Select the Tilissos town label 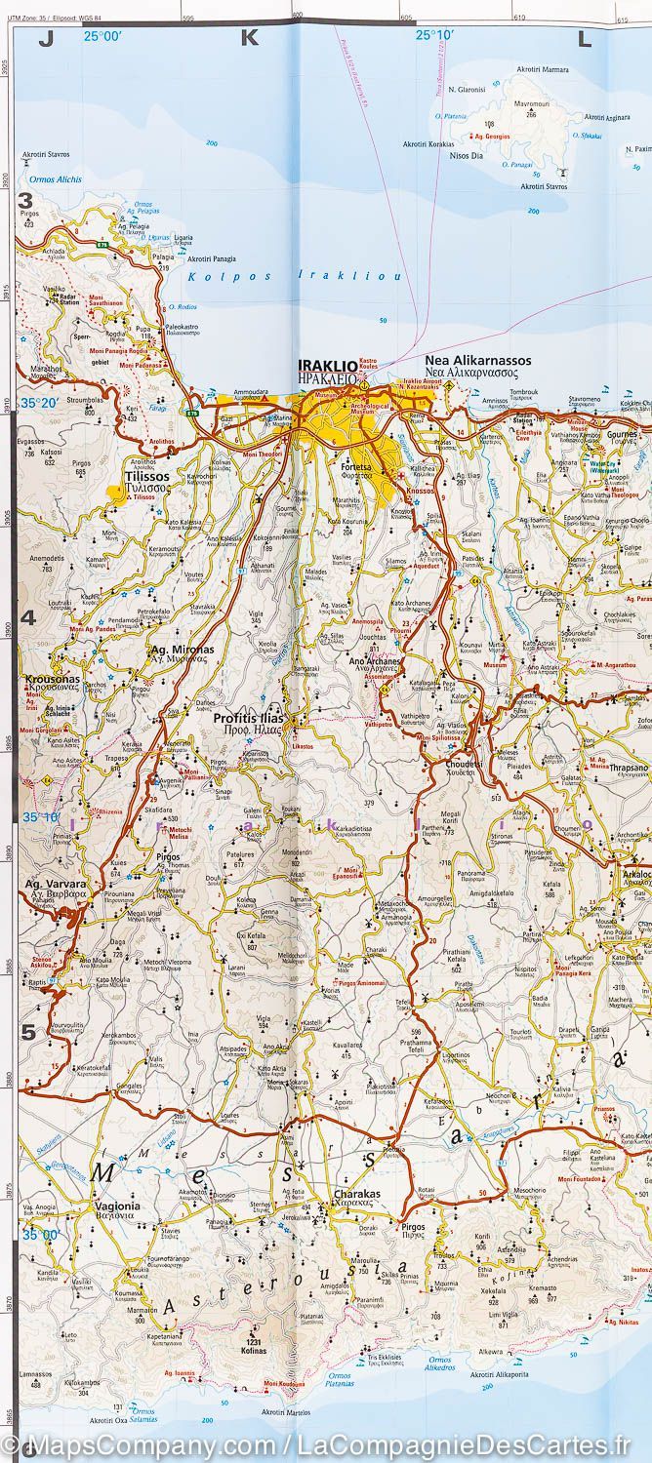click(x=147, y=477)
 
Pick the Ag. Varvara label click(x=50, y=885)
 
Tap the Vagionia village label click(x=117, y=1206)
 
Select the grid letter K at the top click(x=248, y=39)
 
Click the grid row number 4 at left click(x=27, y=616)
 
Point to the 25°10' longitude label click(x=435, y=36)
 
